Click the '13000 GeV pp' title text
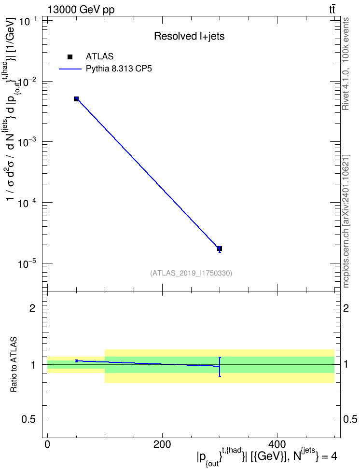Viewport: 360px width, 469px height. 81,10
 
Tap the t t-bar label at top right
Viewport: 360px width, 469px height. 332,10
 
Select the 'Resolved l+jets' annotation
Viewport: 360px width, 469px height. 189,36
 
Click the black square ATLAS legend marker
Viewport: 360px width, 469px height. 70,57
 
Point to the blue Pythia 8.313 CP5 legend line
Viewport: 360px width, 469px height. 70,69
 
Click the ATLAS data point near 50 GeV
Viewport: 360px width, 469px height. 76,99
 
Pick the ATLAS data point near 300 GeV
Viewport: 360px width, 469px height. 220,248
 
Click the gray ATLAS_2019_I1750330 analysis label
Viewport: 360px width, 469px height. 191,273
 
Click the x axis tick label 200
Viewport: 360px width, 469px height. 162,444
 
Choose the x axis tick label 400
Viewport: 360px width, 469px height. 277,444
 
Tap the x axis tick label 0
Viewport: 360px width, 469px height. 48,444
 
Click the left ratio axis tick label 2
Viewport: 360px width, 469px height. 32,308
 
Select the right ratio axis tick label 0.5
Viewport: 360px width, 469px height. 350,420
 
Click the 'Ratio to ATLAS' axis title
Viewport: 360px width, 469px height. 14,364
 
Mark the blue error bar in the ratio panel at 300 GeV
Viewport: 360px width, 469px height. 220,367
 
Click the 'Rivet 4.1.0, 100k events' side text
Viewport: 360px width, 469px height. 346,64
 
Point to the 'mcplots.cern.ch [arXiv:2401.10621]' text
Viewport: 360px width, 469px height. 346,221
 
